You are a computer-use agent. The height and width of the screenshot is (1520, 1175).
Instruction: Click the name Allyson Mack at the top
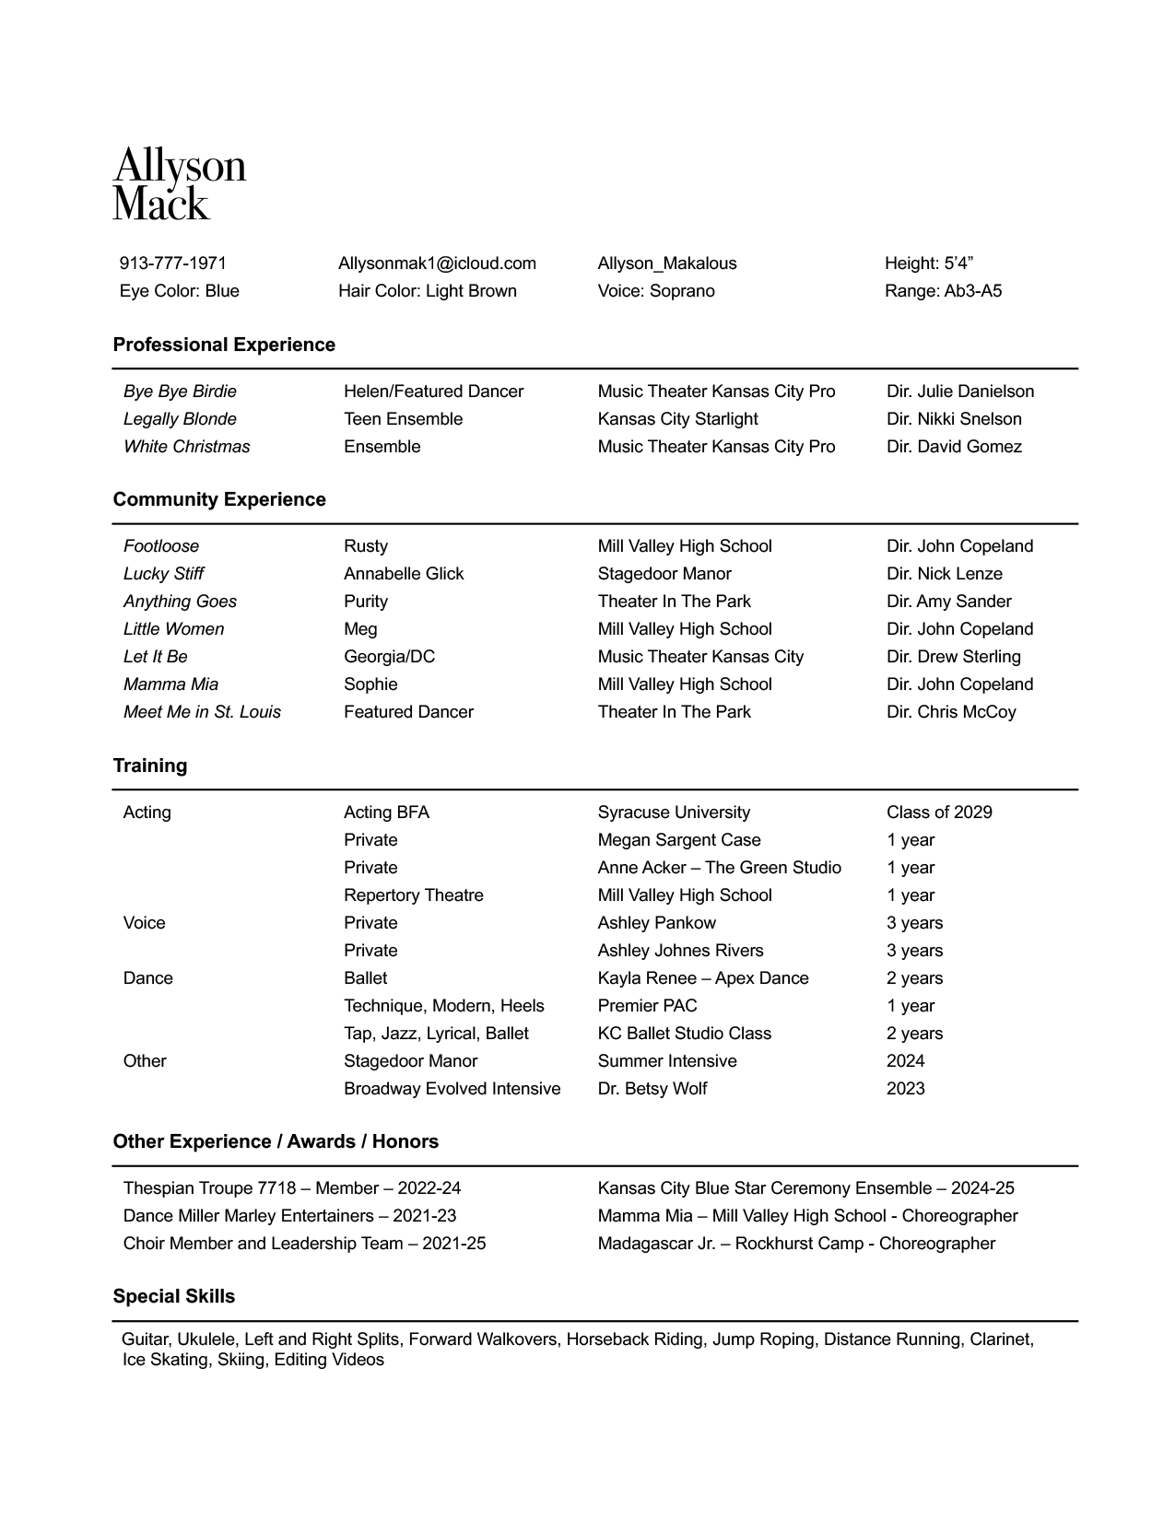(179, 184)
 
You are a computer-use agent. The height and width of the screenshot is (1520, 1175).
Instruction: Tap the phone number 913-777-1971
(172, 263)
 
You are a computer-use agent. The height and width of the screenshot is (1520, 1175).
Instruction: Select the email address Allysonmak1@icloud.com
(437, 263)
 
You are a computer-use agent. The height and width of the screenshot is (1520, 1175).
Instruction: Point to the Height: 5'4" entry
(929, 263)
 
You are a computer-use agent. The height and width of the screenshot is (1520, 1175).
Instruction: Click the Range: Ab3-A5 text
(943, 291)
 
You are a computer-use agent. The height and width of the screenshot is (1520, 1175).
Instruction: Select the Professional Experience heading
(224, 345)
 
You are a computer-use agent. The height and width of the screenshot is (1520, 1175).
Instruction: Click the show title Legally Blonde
(180, 419)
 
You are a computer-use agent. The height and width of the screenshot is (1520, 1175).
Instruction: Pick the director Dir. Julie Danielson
(960, 392)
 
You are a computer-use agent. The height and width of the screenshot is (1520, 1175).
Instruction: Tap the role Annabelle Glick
(404, 574)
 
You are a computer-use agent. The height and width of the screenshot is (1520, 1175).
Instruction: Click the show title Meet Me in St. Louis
(202, 712)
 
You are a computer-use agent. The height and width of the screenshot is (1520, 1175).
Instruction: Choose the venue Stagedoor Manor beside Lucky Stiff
(664, 574)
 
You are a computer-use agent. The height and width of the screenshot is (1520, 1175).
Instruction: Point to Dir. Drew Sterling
(953, 657)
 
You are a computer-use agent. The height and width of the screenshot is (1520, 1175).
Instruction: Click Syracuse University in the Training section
(674, 813)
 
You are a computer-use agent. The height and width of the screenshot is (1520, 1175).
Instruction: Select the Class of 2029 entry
(939, 813)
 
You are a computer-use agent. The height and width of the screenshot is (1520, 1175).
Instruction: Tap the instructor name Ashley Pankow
(656, 923)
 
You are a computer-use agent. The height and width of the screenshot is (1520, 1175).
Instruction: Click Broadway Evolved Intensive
(452, 1089)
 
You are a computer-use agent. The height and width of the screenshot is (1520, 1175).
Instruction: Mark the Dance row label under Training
(147, 978)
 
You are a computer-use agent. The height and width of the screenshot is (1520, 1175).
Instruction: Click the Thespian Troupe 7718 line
(291, 1188)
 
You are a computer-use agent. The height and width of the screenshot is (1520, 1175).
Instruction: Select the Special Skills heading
(173, 1296)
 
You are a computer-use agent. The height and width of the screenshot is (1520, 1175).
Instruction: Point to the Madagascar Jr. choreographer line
(796, 1244)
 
